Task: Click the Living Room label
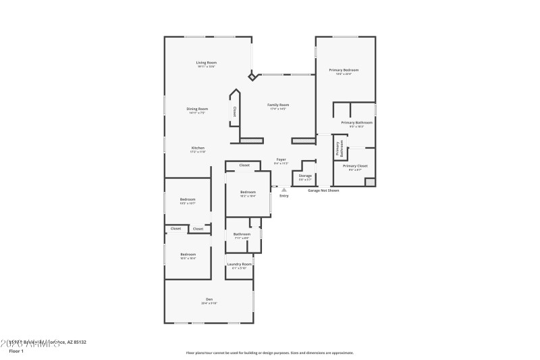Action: tap(206, 63)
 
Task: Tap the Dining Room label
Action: tap(197, 109)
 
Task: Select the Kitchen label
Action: tap(198, 148)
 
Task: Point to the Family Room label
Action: tap(278, 105)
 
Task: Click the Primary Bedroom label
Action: tap(344, 70)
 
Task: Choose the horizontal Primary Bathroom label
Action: tap(356, 123)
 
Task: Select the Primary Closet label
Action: tap(354, 166)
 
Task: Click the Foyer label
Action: tap(281, 159)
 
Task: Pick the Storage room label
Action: tap(305, 176)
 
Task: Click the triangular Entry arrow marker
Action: tap(283, 190)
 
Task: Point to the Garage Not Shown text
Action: tap(323, 190)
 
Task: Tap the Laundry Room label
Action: tap(239, 264)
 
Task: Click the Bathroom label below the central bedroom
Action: tap(242, 234)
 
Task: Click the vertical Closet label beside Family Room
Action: tap(234, 111)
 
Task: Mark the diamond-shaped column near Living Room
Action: tap(252, 77)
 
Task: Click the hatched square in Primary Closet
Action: tap(369, 182)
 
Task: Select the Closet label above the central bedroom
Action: tap(244, 165)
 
